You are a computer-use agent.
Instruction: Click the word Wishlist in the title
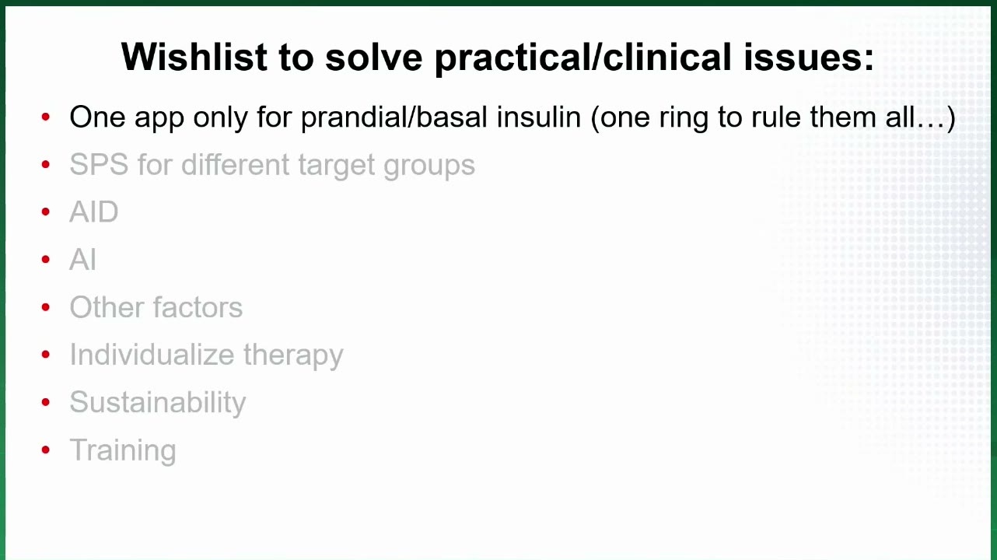click(194, 57)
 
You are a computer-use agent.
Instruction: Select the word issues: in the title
click(809, 57)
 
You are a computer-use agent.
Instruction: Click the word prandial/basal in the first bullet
click(394, 117)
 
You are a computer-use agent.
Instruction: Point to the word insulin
click(539, 117)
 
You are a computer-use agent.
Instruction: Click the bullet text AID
click(94, 212)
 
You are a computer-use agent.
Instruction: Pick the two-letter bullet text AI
click(82, 259)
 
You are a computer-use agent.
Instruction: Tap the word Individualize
click(152, 355)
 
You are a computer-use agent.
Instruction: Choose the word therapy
click(293, 356)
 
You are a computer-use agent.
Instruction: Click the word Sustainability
click(158, 403)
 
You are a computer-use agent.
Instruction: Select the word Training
click(123, 450)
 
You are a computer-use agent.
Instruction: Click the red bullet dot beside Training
click(45, 450)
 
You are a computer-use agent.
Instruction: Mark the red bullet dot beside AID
click(45, 212)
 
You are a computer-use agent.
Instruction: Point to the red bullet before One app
click(45, 117)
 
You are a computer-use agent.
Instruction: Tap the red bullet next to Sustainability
click(45, 402)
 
